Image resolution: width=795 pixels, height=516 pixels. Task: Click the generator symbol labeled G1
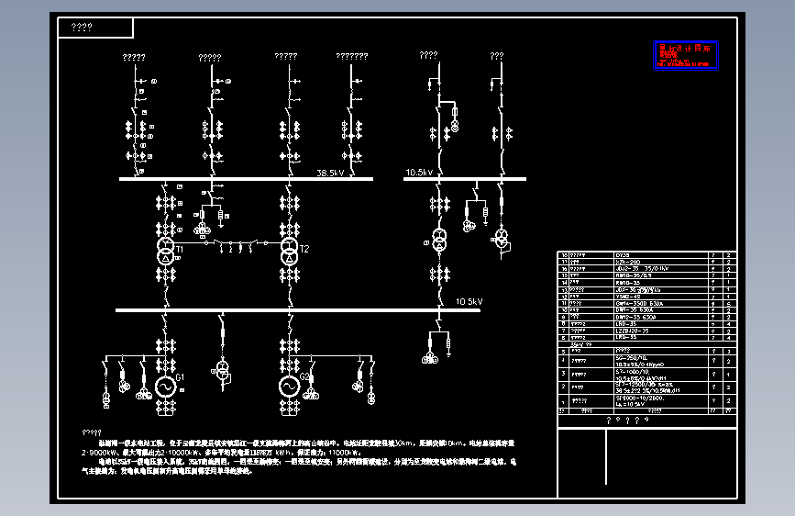coord(166,387)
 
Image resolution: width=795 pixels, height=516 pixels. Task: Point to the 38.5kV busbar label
coord(330,173)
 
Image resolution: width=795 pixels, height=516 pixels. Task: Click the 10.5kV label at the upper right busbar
coord(418,172)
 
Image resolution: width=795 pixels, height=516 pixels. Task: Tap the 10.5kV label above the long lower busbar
coord(469,301)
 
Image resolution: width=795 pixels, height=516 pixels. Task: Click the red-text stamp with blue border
coord(687,55)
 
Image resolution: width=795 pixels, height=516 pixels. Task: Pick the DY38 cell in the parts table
coord(624,253)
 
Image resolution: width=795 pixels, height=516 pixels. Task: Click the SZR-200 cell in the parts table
coord(626,261)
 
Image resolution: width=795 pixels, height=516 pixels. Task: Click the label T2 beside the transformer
coord(305,249)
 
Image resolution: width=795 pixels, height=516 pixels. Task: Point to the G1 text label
coord(181,377)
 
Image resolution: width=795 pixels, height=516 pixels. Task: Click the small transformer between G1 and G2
coord(222,369)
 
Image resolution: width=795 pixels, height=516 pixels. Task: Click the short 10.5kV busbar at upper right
coord(465,179)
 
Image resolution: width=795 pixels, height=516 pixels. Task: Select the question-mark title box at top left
coord(95,28)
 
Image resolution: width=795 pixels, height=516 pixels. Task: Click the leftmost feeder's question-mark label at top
coord(135,58)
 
